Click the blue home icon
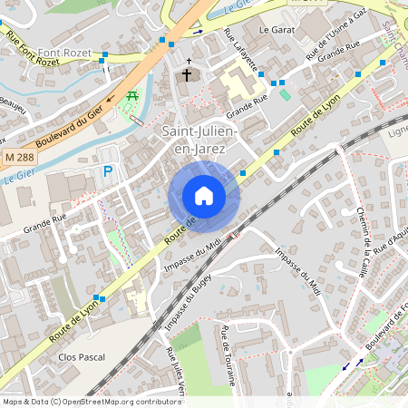203,196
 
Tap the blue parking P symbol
109,171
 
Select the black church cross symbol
188,74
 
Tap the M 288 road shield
17,158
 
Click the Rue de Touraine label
226,355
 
